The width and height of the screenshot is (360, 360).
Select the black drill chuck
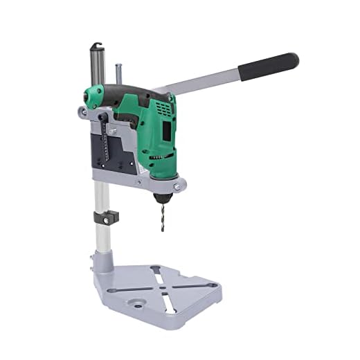click(x=162, y=197)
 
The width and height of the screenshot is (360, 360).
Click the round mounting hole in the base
click(x=137, y=303)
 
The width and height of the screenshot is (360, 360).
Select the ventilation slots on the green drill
click(x=164, y=109)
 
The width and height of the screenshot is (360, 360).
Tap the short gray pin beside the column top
click(x=118, y=73)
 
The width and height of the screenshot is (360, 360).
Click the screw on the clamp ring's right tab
click(x=178, y=186)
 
